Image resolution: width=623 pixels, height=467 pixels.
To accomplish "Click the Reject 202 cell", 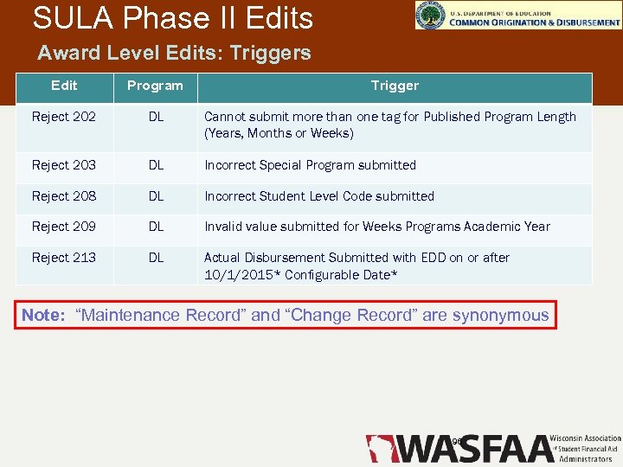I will [x=63, y=117].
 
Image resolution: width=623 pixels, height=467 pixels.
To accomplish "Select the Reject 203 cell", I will [x=63, y=165].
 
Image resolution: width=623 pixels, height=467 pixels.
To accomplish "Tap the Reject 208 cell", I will [x=63, y=196].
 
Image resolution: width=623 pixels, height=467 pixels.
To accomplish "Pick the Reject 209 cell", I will [x=63, y=227].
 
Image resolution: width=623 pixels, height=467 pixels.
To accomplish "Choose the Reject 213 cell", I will [x=63, y=258].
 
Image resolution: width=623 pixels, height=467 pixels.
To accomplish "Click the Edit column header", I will [x=64, y=86].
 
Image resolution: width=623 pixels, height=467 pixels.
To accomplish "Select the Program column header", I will [x=155, y=86].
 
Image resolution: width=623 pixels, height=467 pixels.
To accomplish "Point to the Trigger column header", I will [x=395, y=86].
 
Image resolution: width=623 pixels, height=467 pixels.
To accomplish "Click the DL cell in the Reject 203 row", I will [x=156, y=165].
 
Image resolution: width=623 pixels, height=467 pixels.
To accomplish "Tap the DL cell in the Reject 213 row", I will [x=156, y=258].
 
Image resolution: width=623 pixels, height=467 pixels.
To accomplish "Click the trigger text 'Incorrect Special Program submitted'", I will [x=310, y=165].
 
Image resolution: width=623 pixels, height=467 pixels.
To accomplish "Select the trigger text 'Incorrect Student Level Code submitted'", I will [x=318, y=196].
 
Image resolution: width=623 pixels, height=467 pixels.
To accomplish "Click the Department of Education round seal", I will [x=429, y=15].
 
